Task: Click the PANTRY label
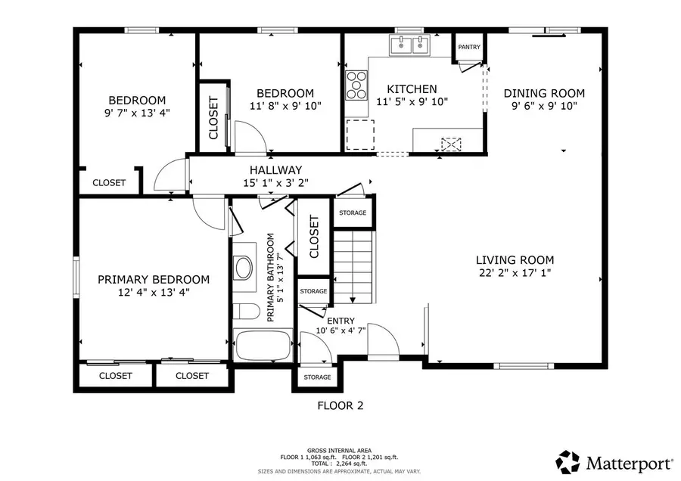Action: point(469,47)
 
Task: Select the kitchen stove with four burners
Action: point(356,85)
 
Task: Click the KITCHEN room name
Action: point(412,88)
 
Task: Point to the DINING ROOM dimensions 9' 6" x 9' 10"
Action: point(544,106)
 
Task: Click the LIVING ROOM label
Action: point(515,259)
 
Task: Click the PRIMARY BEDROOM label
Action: point(154,279)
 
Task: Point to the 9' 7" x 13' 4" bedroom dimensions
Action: point(137,113)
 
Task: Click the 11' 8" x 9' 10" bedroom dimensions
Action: point(285,106)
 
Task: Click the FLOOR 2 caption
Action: point(340,405)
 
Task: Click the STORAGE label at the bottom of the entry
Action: point(317,377)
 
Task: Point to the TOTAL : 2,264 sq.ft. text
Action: point(340,463)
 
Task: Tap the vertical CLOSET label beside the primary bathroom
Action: point(314,235)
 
